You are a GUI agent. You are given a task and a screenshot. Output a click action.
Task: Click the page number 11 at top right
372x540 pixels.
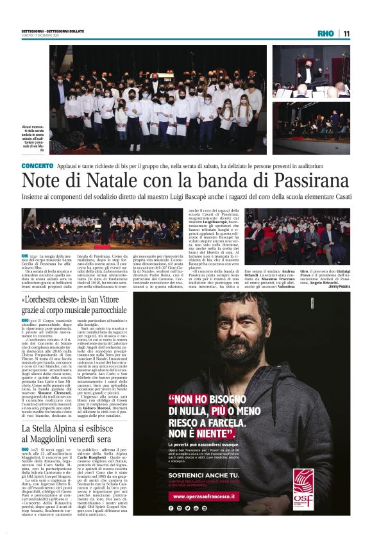[346, 33]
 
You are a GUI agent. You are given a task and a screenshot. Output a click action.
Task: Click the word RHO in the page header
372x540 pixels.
[325, 33]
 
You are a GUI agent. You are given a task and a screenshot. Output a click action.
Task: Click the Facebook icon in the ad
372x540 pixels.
[172, 507]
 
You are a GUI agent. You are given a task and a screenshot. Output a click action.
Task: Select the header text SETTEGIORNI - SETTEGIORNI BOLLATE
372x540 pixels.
[47, 31]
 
